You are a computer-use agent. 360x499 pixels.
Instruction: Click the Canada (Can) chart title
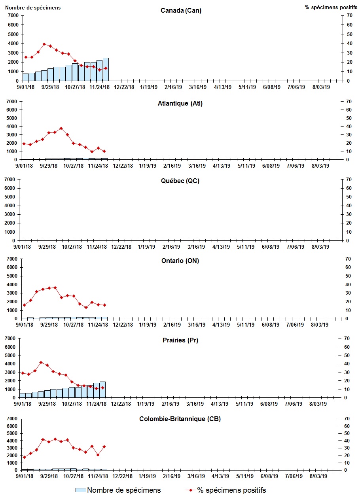coord(181,11)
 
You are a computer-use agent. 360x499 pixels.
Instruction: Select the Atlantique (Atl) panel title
coord(180,104)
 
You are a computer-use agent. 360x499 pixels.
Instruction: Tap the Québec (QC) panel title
coord(180,181)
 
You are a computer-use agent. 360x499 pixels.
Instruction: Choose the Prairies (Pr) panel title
coord(180,340)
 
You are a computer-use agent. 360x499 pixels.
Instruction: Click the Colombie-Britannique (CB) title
coord(180,419)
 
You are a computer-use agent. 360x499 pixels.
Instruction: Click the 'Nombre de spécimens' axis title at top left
coord(33,8)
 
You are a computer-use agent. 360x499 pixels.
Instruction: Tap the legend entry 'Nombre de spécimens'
coord(118,490)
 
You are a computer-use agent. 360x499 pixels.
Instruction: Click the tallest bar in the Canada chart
coord(106,69)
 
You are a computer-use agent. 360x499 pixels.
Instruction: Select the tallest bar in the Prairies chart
coord(102,389)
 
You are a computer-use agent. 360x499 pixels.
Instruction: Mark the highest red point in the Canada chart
coord(44,44)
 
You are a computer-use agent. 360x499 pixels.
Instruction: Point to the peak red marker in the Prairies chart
coord(41,362)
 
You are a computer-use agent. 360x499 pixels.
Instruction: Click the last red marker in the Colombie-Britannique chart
coord(104,446)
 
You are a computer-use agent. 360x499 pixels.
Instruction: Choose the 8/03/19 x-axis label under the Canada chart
coord(321,87)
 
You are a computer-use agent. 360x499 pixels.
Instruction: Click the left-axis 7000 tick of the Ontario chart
coord(11,259)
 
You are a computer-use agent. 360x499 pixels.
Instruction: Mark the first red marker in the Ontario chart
coord(24,305)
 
